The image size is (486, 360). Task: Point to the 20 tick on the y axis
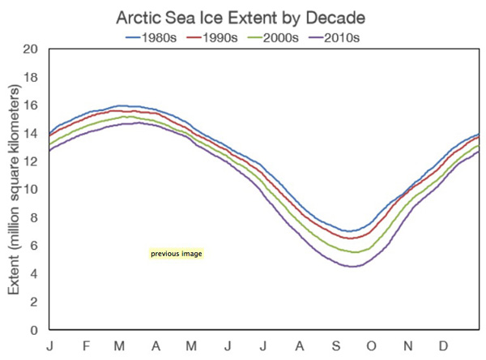[32, 49]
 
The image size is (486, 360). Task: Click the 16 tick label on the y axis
[32, 105]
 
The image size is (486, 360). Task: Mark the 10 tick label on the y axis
[32, 190]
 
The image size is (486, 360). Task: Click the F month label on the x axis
[87, 347]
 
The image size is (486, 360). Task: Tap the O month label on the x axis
[372, 347]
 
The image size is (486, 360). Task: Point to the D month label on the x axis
[443, 347]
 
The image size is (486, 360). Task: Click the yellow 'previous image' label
[176, 254]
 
